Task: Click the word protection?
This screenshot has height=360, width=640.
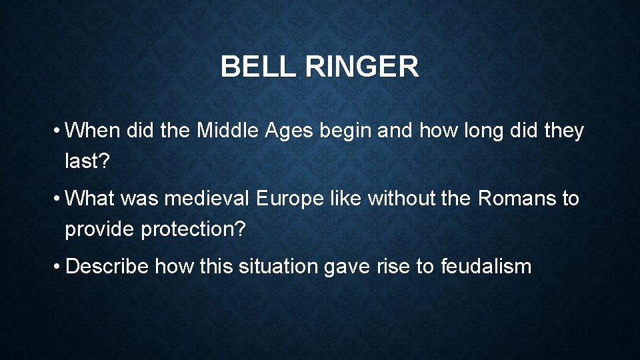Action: tap(193, 229)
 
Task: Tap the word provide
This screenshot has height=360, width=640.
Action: tap(100, 229)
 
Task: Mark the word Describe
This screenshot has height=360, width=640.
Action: tap(107, 267)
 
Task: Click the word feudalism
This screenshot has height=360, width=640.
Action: tap(486, 267)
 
